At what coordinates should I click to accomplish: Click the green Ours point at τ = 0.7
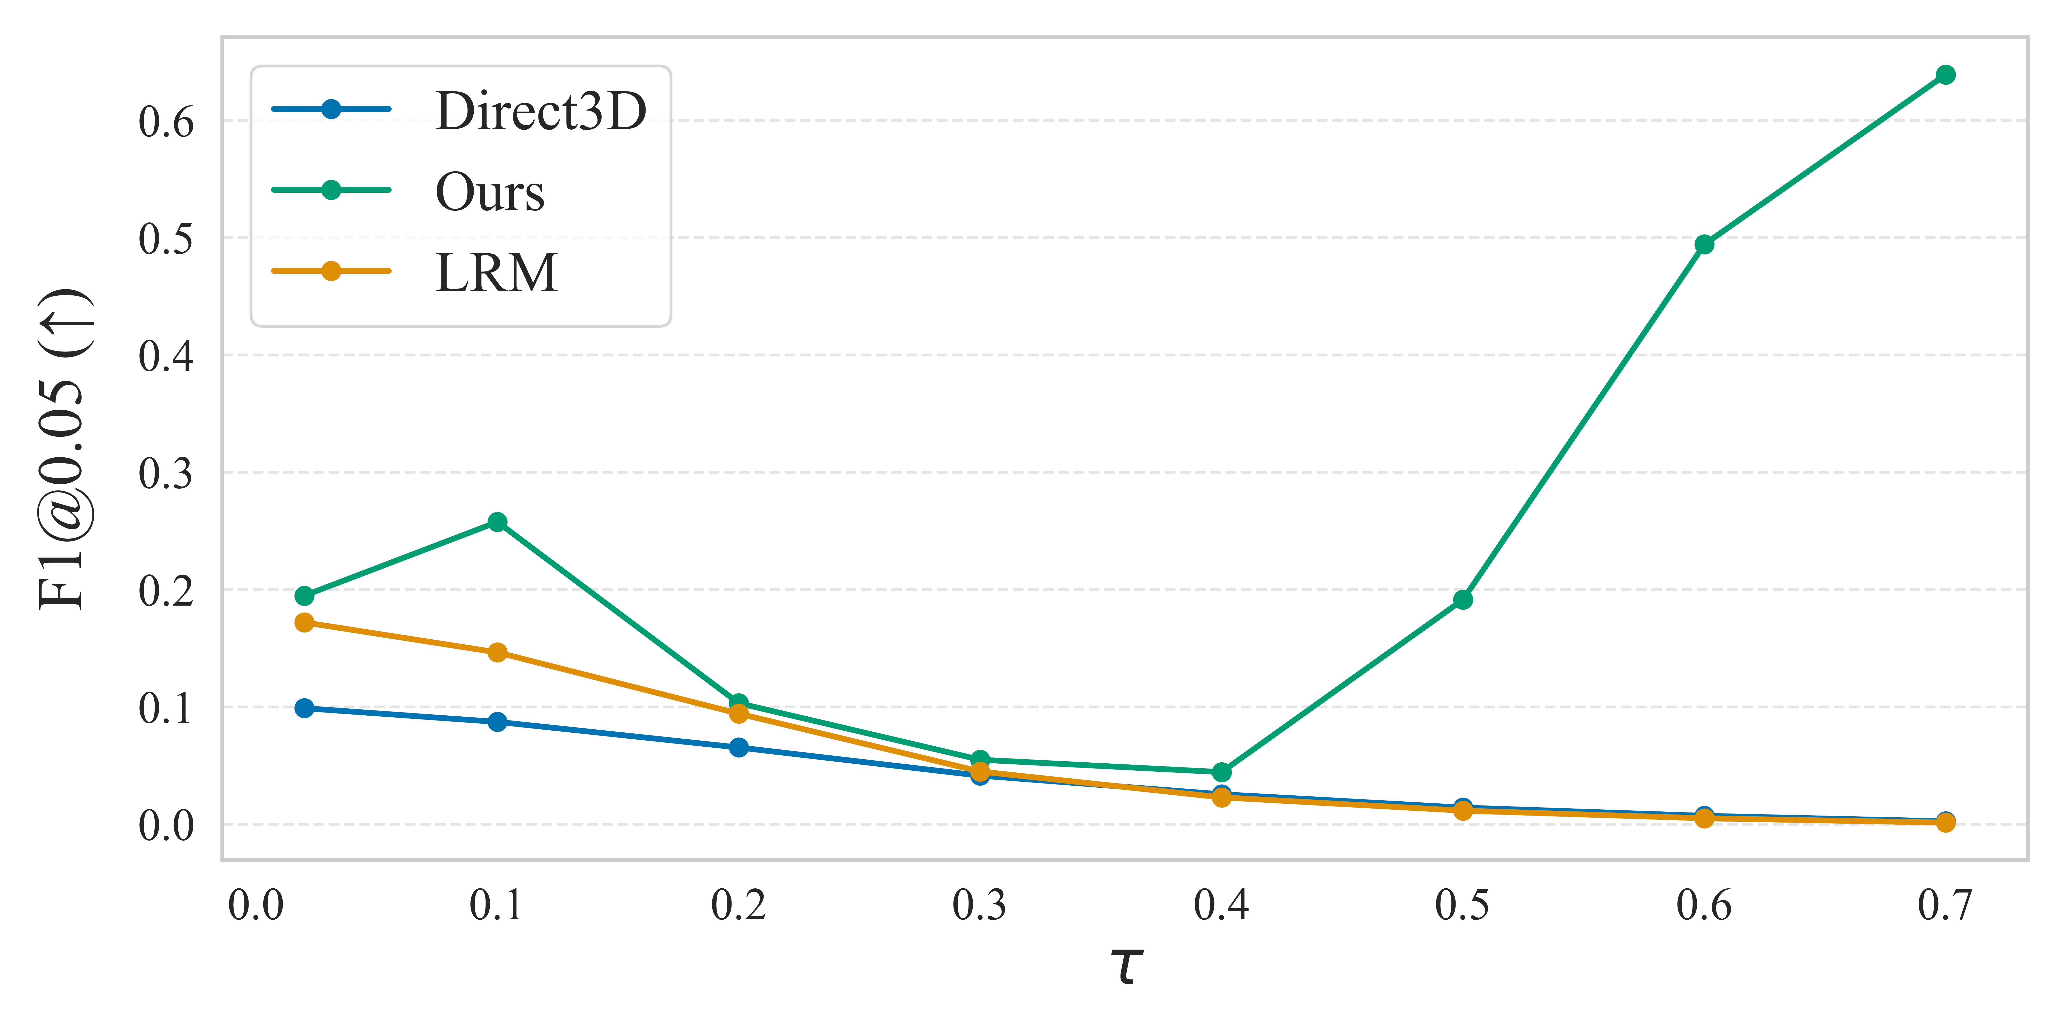click(1945, 75)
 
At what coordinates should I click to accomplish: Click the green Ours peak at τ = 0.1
click(497, 522)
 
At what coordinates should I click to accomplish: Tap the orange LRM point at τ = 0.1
click(497, 652)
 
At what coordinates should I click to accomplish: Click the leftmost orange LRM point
click(304, 622)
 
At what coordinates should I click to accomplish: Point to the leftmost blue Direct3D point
click(304, 708)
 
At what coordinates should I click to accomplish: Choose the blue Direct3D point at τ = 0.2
click(738, 747)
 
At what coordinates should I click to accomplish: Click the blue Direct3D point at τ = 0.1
click(497, 722)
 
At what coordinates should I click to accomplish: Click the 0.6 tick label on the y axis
click(166, 123)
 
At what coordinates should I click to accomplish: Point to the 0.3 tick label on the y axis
click(166, 473)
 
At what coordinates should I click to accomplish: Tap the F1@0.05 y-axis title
click(64, 449)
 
